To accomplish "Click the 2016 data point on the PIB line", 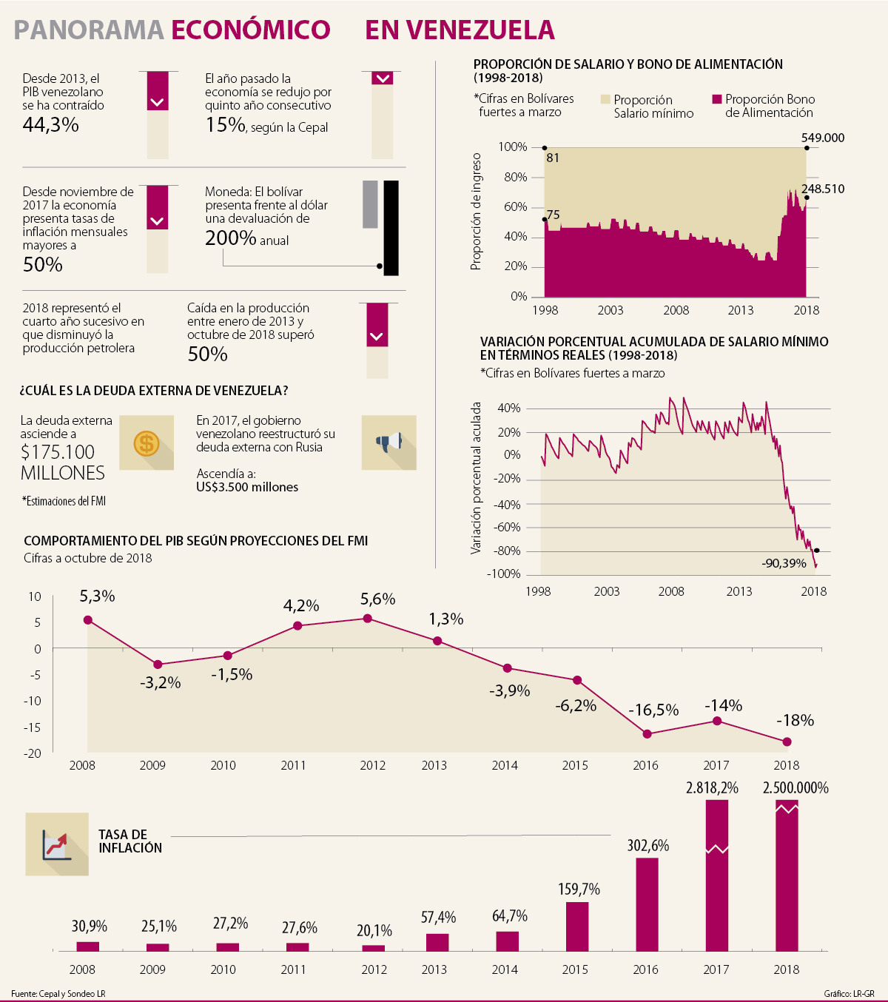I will coord(647,734).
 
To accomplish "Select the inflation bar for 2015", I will coord(577,926).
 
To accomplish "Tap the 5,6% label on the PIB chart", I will coord(378,599).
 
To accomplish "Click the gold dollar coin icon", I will coord(147,443).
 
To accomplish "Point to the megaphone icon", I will coord(388,443).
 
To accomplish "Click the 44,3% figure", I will coord(50,125).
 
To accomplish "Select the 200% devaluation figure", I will coord(231,238).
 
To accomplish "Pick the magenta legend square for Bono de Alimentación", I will coord(716,99).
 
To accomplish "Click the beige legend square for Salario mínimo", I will coord(605,99).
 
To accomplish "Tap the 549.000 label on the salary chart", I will coord(822,138).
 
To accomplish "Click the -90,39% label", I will coord(784,564).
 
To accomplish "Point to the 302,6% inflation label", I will coord(647,845).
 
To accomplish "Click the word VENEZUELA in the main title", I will coord(460,30).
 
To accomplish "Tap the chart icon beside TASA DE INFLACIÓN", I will coord(57,844).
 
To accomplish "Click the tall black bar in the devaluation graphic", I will coord(391,228).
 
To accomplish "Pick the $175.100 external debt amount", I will coord(58,452).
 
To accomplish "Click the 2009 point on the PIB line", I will coord(158,665).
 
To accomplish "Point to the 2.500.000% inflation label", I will coord(795,788).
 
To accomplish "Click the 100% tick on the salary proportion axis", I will coord(512,147).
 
